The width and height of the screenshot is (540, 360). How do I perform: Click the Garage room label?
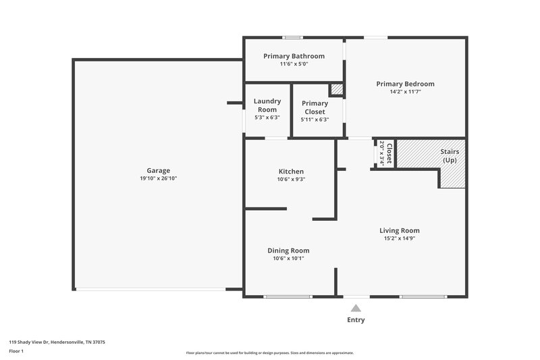(159, 170)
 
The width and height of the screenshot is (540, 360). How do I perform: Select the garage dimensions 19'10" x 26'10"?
(159, 178)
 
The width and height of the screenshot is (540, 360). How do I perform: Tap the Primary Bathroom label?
(294, 56)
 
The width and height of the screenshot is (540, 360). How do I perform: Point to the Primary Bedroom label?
(405, 84)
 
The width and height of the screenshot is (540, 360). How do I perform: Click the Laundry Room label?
(267, 105)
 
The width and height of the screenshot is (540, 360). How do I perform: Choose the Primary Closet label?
(315, 107)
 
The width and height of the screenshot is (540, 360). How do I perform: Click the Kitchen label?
(291, 172)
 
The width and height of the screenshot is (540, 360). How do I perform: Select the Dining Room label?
(288, 251)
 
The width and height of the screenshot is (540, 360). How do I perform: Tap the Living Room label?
(399, 230)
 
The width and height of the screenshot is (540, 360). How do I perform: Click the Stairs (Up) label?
(450, 156)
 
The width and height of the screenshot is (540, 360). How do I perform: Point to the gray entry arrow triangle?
(356, 308)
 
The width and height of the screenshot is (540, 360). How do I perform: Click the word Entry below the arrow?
(356, 320)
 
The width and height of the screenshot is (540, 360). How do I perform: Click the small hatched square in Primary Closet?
(336, 89)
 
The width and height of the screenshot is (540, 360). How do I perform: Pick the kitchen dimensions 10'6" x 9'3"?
(291, 180)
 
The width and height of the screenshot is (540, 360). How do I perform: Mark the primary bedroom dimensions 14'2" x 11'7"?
(405, 92)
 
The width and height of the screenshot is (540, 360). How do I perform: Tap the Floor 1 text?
(16, 352)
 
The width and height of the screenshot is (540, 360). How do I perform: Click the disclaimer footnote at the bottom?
(269, 353)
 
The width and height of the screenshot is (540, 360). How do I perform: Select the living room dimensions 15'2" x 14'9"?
(399, 238)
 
